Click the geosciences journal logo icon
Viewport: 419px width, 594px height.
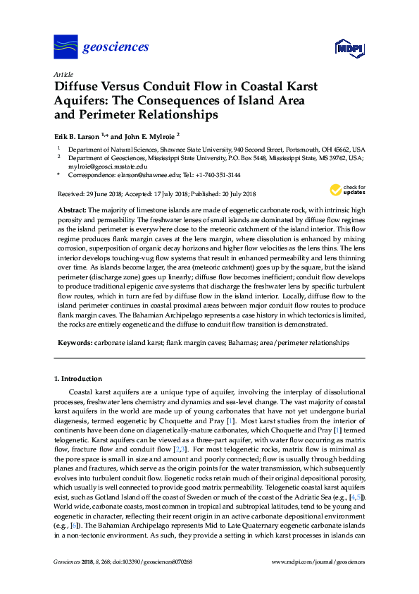[x=65, y=47]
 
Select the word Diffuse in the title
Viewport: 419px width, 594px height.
[x=78, y=87]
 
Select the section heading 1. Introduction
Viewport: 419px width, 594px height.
[x=77, y=379]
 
